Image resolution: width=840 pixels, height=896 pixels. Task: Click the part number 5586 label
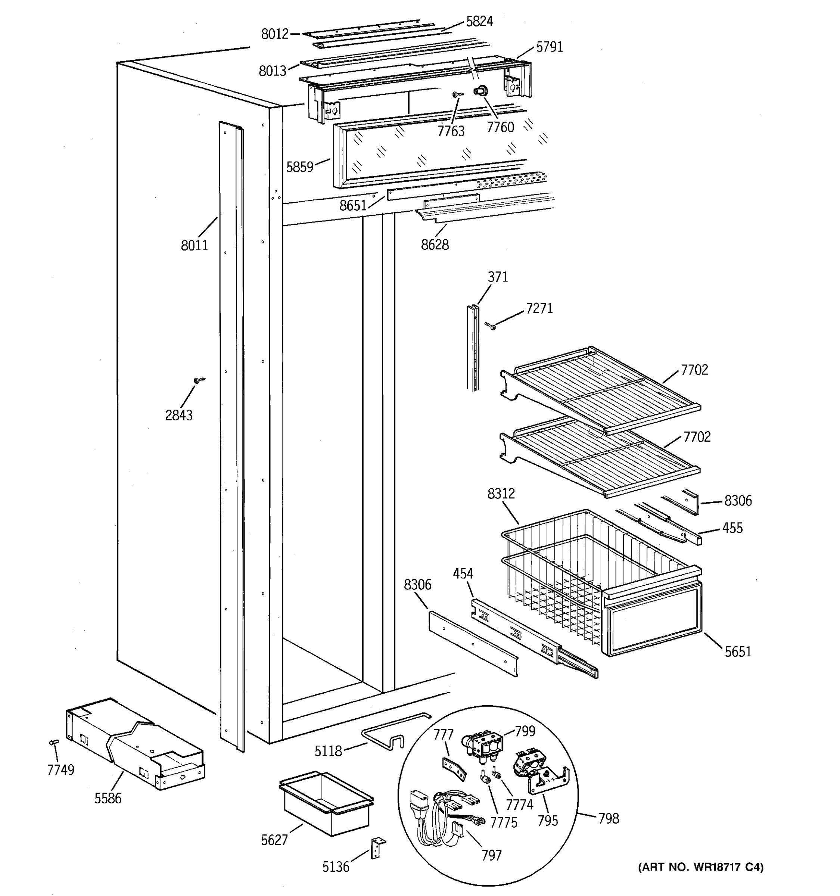click(x=108, y=798)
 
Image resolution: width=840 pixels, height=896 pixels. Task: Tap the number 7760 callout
click(x=500, y=128)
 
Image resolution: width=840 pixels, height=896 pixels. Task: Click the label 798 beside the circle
click(x=609, y=818)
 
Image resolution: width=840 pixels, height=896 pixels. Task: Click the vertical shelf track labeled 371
click(x=473, y=347)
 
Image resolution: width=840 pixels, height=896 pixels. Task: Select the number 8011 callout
click(x=194, y=246)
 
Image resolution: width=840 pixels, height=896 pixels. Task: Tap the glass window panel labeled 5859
click(x=428, y=153)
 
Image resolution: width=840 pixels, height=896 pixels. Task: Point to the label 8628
click(x=435, y=245)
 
